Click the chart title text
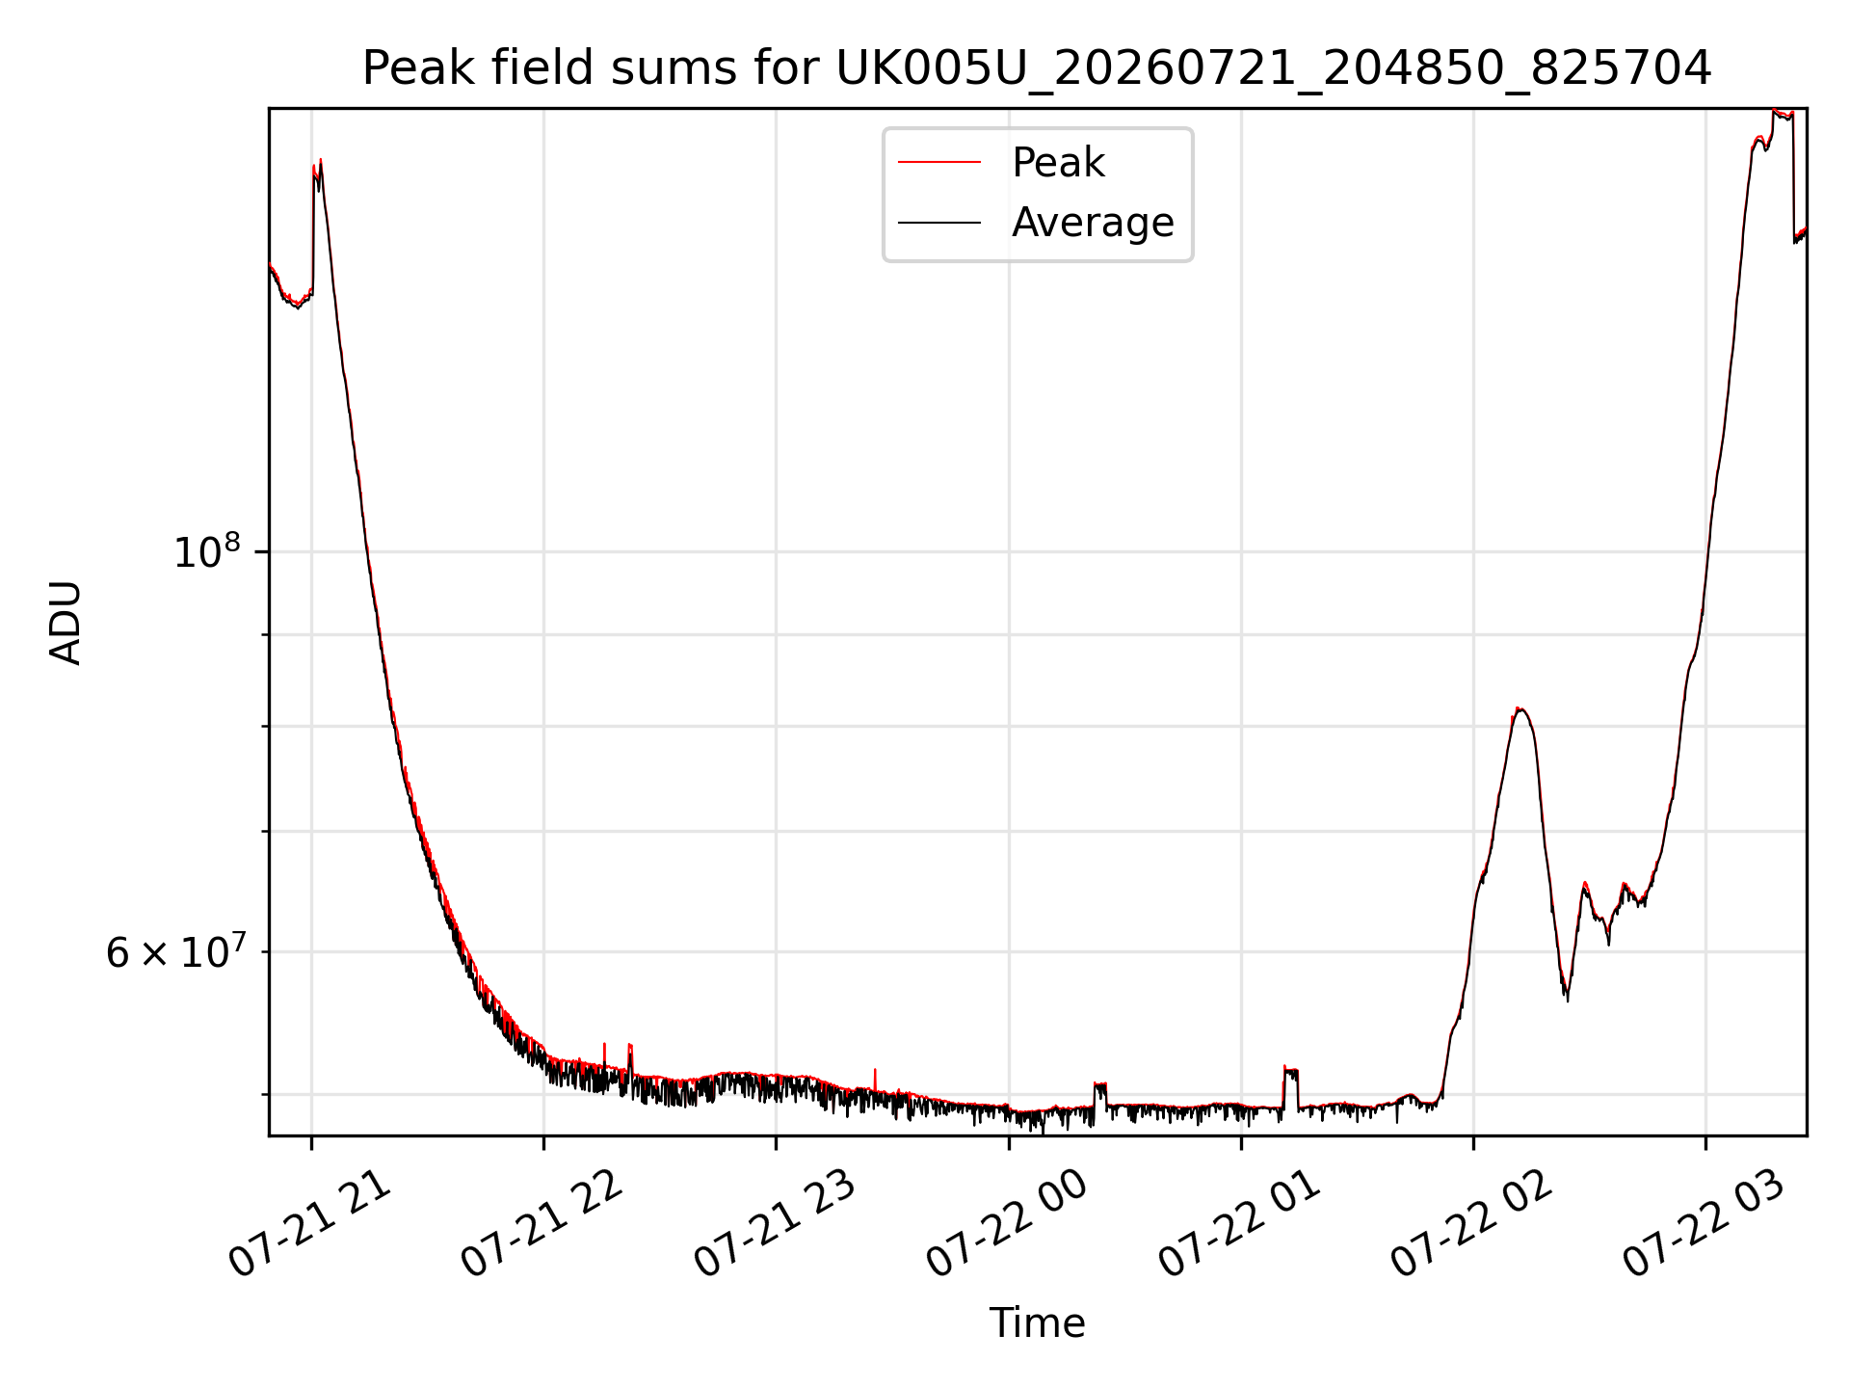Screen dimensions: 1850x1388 1037,68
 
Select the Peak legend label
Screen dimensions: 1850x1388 1058,163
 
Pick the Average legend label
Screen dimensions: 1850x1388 1093,223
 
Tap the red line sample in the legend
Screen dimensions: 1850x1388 939,163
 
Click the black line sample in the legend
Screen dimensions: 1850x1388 939,223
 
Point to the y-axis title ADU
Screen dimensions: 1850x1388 66,623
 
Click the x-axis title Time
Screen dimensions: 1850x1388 1037,1323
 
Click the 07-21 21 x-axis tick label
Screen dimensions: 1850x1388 310,1225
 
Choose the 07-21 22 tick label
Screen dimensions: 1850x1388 542,1225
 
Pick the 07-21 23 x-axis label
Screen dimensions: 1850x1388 775,1225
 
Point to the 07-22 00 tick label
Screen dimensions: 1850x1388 1008,1225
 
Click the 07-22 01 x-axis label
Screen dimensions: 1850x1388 1240,1225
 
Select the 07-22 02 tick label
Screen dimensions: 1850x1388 1472,1225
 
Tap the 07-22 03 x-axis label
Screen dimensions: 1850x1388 1705,1225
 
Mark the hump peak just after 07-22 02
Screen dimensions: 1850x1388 1520,709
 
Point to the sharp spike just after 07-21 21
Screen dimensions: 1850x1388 317,169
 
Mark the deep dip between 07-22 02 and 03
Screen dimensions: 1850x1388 1566,995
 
